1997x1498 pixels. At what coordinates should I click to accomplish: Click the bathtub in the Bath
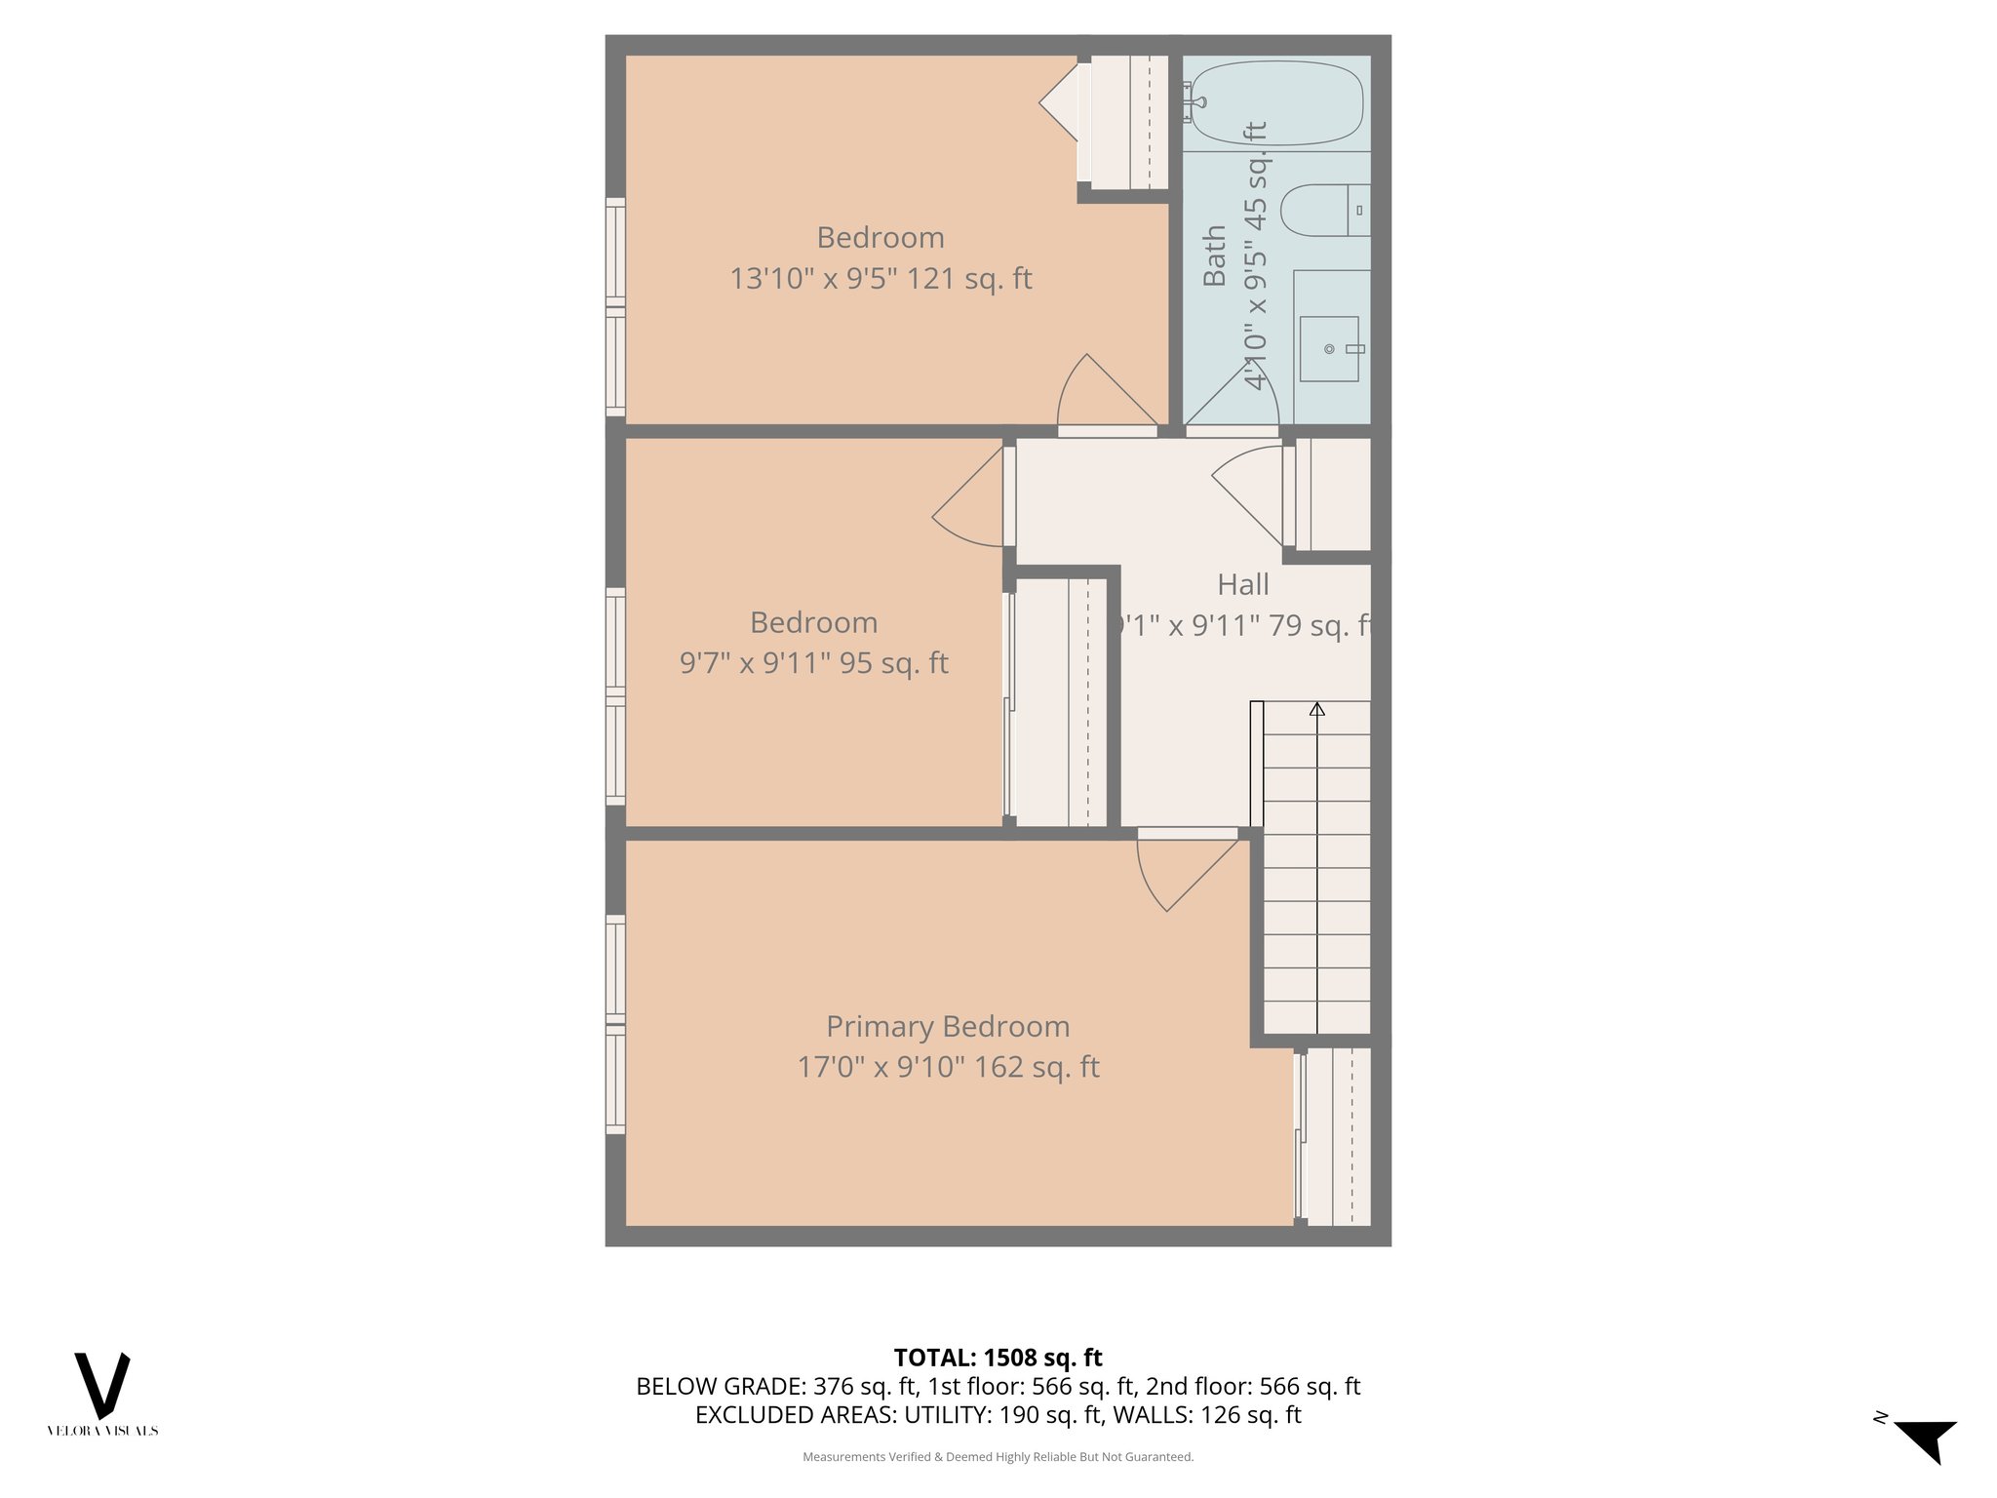point(1275,102)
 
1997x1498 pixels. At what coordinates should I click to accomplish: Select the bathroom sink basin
point(1328,348)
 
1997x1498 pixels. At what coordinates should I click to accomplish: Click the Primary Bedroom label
point(948,1026)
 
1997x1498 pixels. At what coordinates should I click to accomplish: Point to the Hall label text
point(1242,584)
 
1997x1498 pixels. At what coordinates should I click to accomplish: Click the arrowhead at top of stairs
point(1317,709)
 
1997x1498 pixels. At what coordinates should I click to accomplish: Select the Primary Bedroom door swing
point(1185,873)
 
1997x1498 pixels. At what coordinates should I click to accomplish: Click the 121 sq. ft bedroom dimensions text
point(881,279)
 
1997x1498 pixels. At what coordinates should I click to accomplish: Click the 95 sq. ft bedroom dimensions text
point(813,663)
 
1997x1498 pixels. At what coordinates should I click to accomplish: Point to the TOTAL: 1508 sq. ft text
point(998,1358)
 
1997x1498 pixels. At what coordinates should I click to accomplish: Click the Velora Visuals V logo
point(102,1385)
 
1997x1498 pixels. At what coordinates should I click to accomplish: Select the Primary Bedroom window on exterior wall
point(615,1024)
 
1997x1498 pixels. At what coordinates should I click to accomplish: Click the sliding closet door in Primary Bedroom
point(1299,1137)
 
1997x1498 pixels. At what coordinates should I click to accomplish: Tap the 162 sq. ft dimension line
point(948,1067)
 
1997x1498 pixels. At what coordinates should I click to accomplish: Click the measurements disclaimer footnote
point(998,1457)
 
